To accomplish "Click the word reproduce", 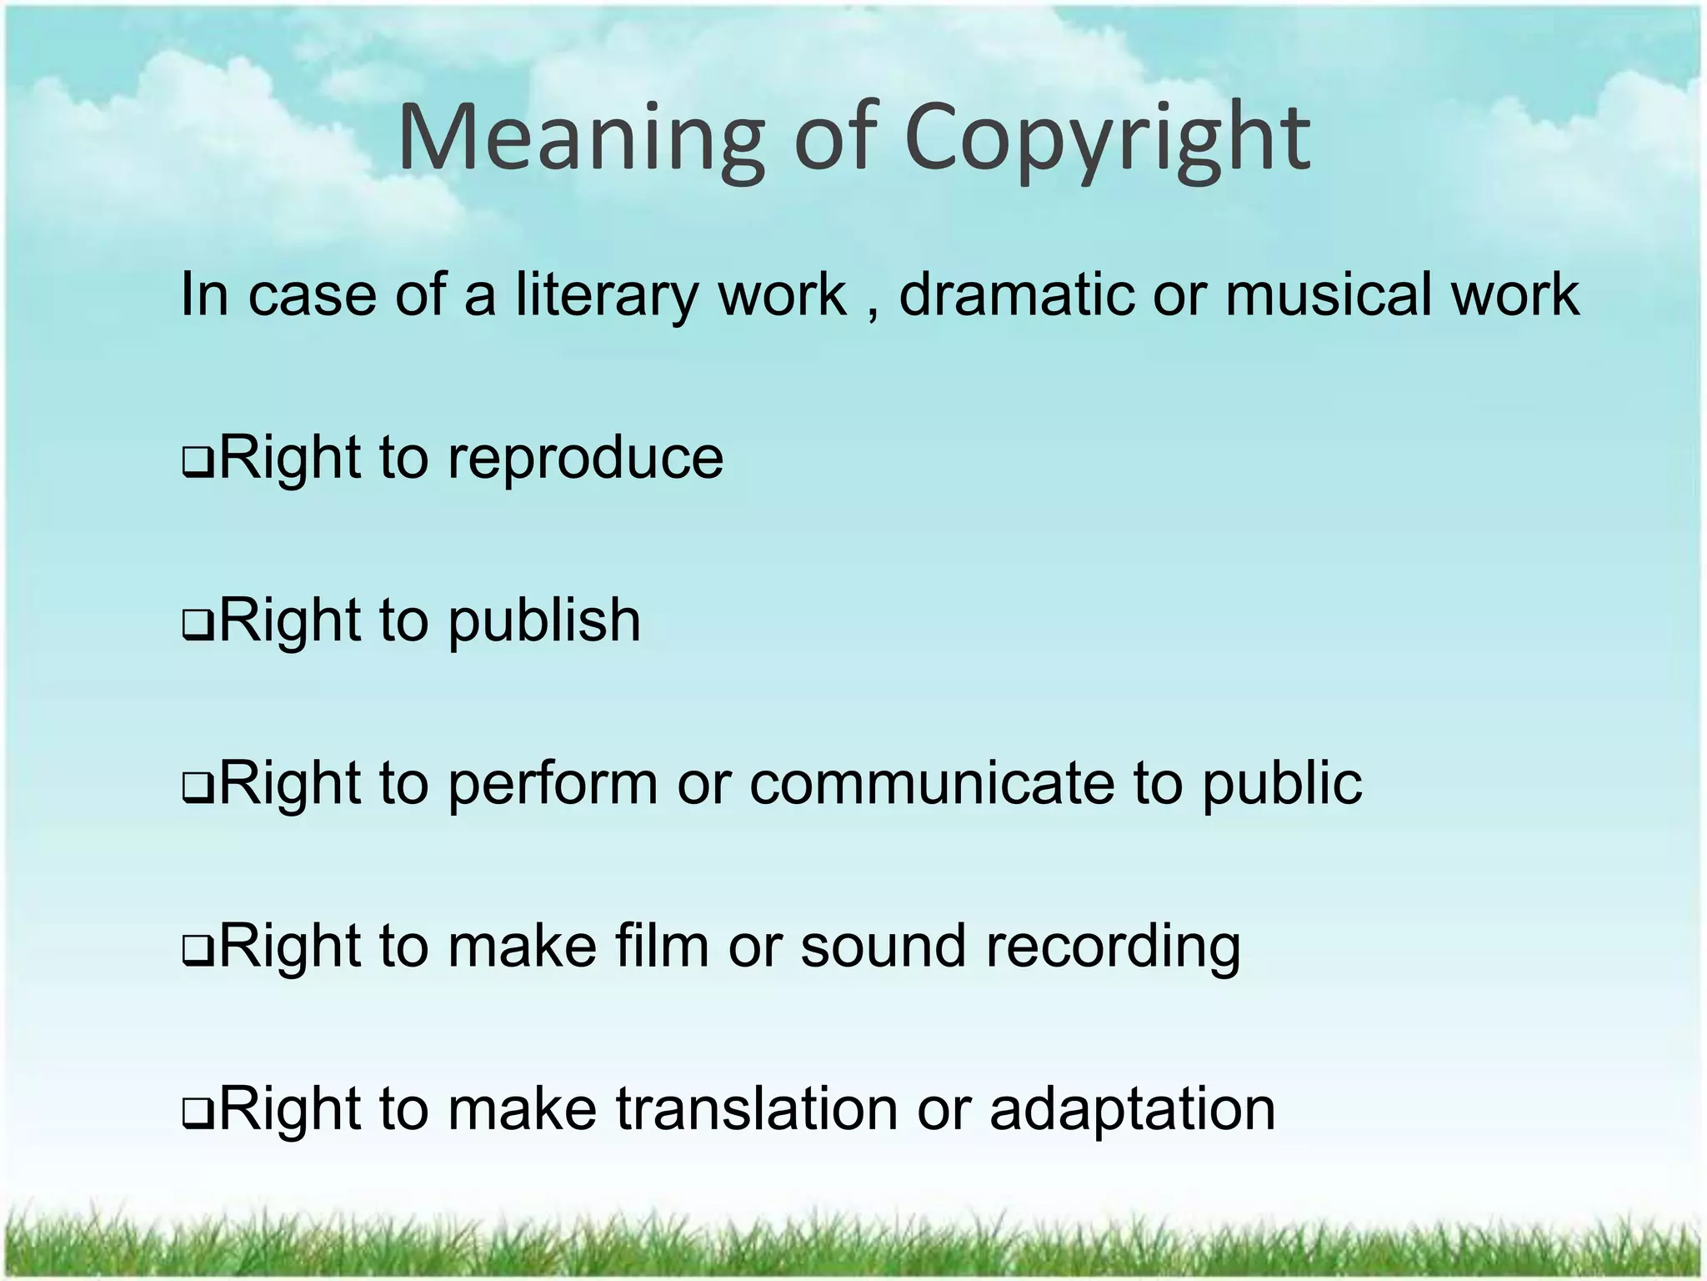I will point(585,460).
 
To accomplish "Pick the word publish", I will point(544,621).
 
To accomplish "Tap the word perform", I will point(553,784).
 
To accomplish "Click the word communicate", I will point(932,784).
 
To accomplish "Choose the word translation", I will point(757,1109).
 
